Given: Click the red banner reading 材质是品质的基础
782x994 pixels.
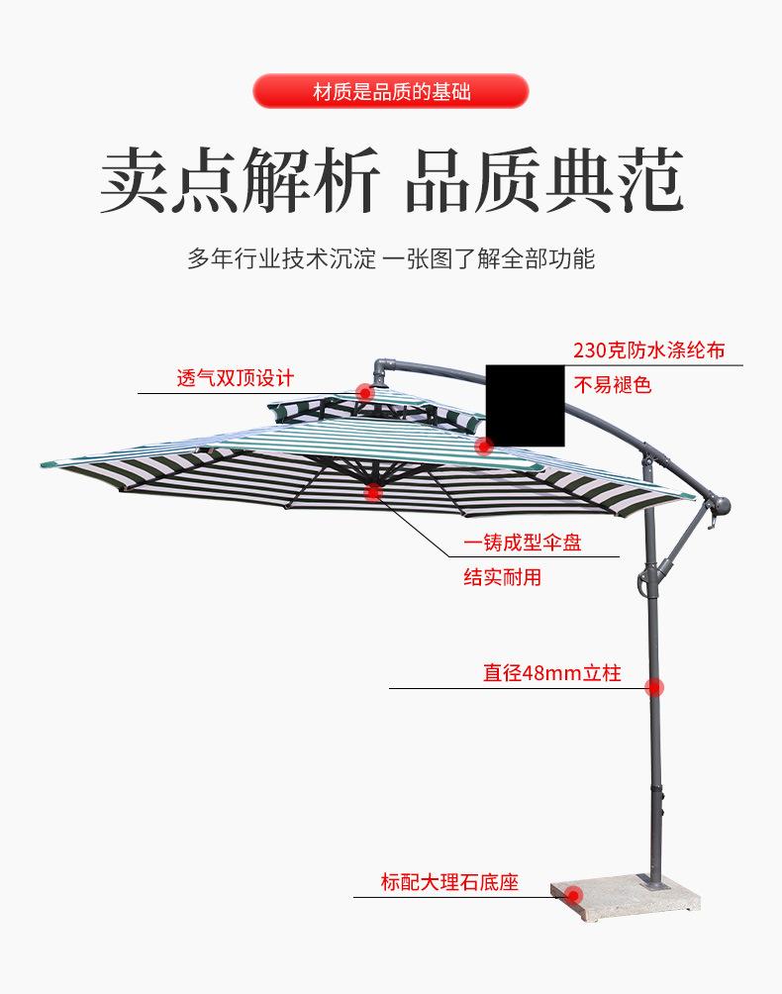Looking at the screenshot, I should [391, 92].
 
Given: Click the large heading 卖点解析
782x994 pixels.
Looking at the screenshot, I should [240, 181].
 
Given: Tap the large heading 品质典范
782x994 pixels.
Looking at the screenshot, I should [544, 181].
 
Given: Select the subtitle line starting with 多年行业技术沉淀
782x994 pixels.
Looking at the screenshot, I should [391, 259].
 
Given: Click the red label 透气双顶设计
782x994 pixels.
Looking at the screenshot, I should [236, 378].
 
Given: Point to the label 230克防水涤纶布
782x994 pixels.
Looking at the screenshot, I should [648, 350].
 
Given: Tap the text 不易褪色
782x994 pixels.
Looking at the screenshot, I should [614, 385].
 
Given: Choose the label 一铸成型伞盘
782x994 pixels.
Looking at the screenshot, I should [523, 543].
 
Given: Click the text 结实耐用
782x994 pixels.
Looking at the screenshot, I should [503, 577].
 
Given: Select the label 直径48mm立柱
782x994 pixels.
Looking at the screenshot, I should [551, 673].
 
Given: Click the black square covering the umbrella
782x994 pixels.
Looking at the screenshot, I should [525, 405].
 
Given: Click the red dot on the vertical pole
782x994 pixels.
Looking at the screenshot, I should [654, 687].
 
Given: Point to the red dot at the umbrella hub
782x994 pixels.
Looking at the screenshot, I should [373, 492].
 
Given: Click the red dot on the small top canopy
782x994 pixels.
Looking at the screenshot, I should [364, 393].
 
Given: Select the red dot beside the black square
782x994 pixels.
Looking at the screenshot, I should [484, 447].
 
